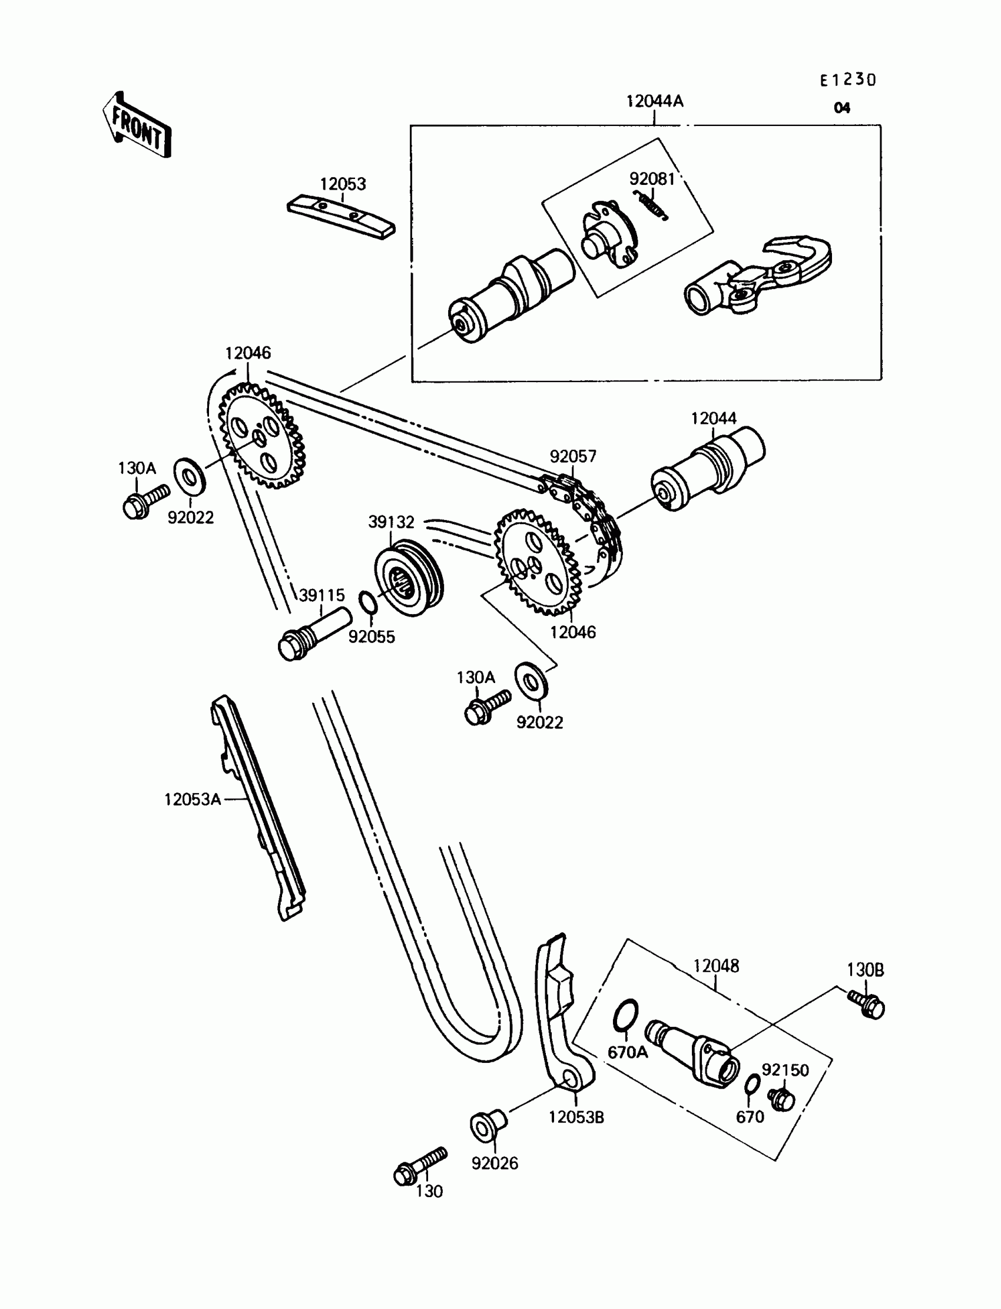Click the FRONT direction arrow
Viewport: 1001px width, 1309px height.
pos(137,125)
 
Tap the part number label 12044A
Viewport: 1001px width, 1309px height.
pos(654,101)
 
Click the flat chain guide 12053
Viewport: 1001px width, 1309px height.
pos(341,217)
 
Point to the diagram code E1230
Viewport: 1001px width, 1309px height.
pos(848,80)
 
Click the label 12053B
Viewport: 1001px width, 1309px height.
pos(576,1118)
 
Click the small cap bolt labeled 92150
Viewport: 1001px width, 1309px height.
pos(781,1099)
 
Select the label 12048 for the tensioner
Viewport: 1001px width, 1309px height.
pos(715,966)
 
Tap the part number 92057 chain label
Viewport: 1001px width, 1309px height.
pos(572,456)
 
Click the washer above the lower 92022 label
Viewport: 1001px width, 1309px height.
pos(532,681)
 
